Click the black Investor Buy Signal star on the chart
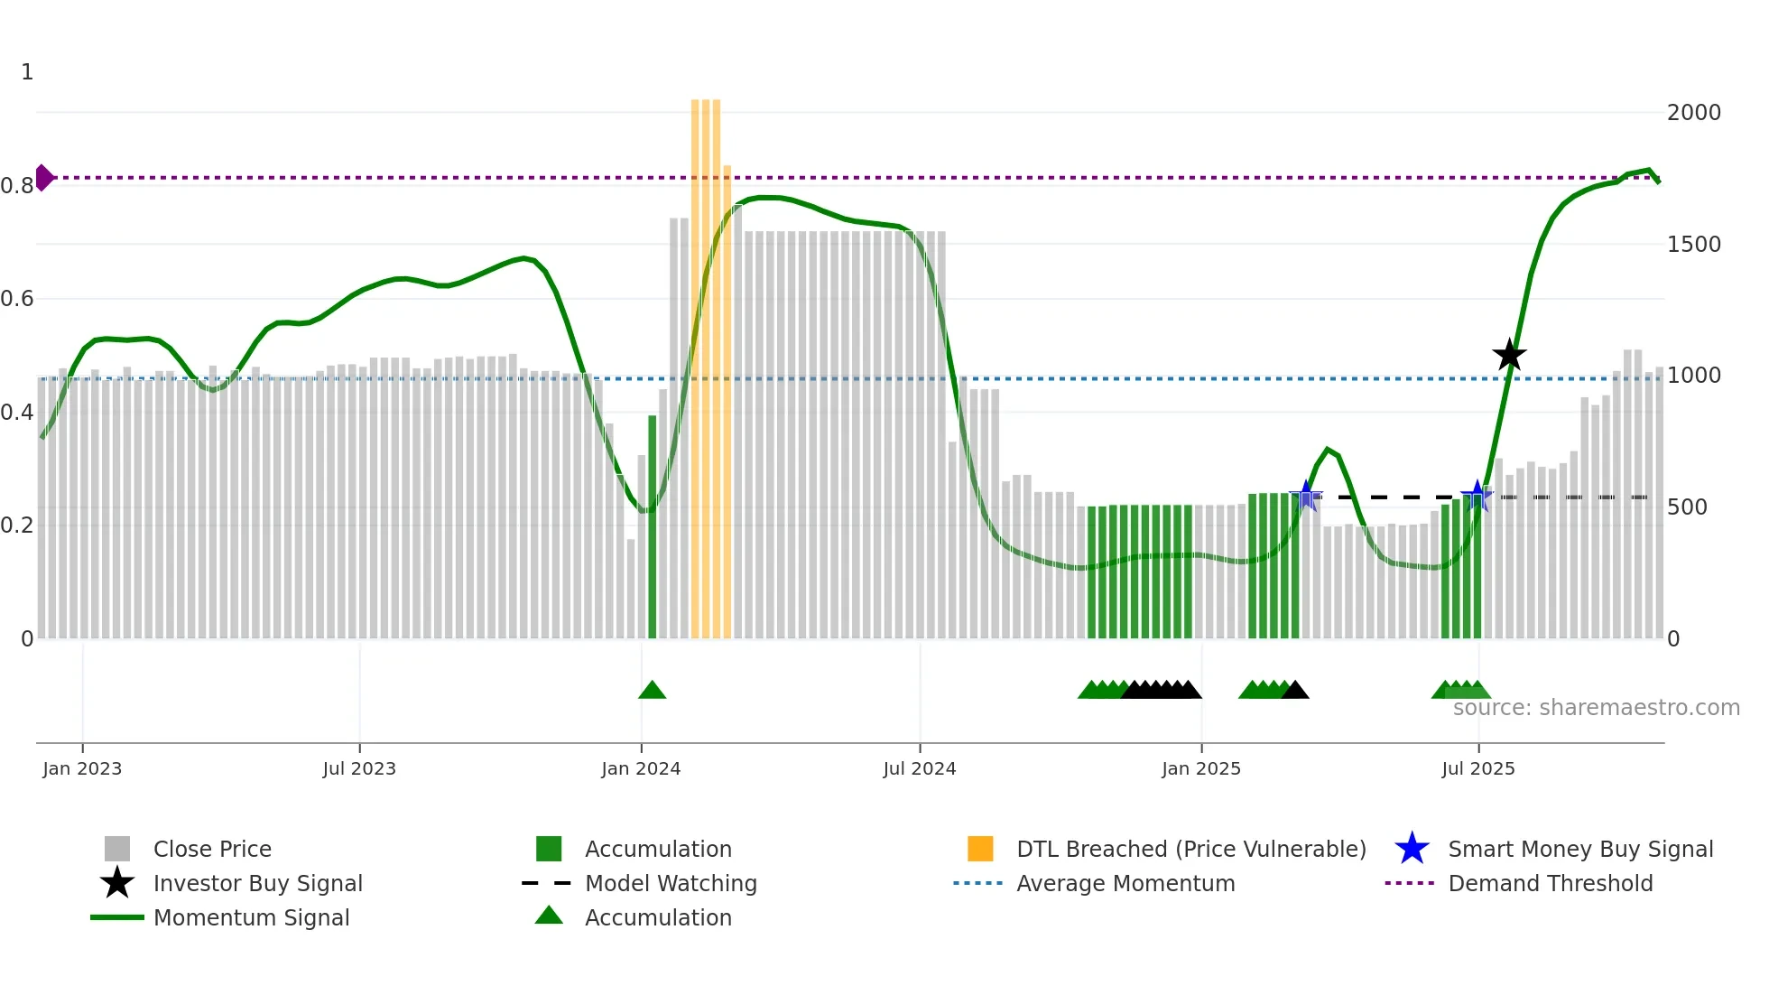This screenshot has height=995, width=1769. (1509, 355)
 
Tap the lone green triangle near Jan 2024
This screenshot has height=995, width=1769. (652, 691)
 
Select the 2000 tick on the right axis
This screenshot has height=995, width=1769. (1693, 113)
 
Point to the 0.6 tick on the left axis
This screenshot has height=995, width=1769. (17, 299)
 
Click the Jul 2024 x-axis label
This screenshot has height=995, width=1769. (919, 768)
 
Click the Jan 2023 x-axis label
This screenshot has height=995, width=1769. (82, 768)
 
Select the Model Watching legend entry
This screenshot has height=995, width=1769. (670, 883)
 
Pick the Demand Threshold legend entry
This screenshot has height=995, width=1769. (1550, 883)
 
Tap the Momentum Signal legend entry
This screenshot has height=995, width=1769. (251, 917)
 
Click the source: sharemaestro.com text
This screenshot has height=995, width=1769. (1596, 708)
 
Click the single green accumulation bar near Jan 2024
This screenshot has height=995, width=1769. (653, 528)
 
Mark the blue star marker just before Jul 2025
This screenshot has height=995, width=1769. (1477, 496)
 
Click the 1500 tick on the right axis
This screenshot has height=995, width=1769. (1693, 245)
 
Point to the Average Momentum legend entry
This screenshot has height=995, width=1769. (1125, 883)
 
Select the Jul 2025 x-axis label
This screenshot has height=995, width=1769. (1477, 768)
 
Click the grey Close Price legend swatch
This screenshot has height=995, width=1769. (117, 849)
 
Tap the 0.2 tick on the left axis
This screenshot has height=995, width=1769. (17, 525)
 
